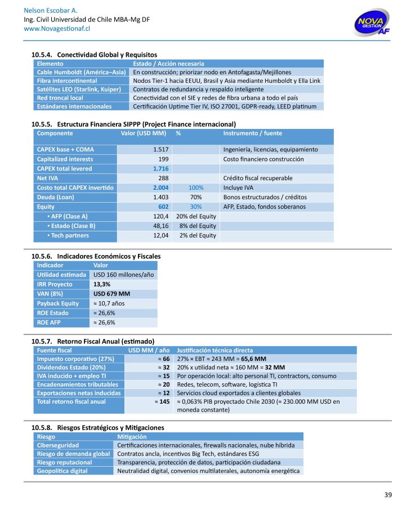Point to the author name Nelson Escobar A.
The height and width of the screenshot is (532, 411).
tap(51, 11)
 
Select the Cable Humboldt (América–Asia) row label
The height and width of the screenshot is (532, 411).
tap(81, 73)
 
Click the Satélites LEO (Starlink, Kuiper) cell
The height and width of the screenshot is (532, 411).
tap(81, 90)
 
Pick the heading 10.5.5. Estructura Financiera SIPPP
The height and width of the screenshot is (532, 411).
tap(133, 124)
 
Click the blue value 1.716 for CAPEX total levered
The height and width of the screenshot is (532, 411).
tap(161, 168)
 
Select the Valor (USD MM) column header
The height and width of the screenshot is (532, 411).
tap(144, 133)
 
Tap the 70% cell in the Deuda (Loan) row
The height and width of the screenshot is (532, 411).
tap(196, 197)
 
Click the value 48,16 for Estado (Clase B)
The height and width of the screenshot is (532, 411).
tap(160, 226)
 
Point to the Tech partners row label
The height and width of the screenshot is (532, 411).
tap(66, 235)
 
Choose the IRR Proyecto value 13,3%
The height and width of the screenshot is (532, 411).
tap(102, 284)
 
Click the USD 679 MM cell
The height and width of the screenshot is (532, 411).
tap(111, 294)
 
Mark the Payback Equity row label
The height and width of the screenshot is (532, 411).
tap(58, 303)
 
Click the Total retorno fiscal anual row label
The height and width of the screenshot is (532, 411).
tap(71, 401)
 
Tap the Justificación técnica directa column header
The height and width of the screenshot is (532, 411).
tap(215, 350)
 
